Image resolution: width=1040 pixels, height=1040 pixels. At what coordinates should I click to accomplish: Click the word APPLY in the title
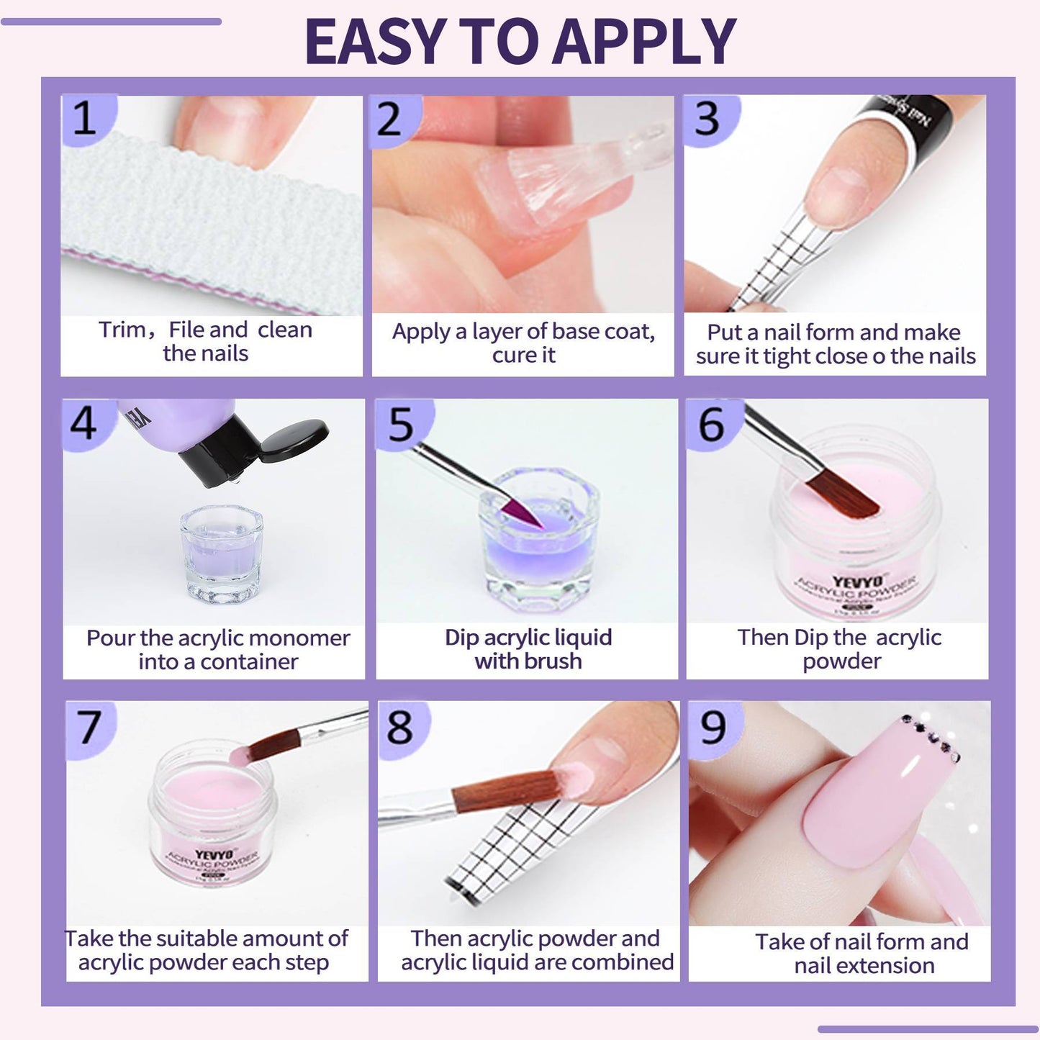(x=643, y=41)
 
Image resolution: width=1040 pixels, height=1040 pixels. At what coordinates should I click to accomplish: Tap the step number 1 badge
(x=84, y=118)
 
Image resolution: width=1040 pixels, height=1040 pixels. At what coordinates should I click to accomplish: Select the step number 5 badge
(x=401, y=424)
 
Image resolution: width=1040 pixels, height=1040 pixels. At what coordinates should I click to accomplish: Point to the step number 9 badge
(x=713, y=727)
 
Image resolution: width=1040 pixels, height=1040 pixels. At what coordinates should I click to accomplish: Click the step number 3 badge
(x=707, y=119)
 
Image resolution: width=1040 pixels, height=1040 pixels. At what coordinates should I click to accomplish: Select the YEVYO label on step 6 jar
(x=856, y=582)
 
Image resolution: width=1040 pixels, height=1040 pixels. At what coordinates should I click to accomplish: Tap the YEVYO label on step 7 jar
(x=214, y=855)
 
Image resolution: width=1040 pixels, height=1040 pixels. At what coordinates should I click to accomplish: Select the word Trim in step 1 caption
(x=122, y=330)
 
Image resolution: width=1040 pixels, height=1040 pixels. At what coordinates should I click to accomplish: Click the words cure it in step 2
(x=523, y=355)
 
